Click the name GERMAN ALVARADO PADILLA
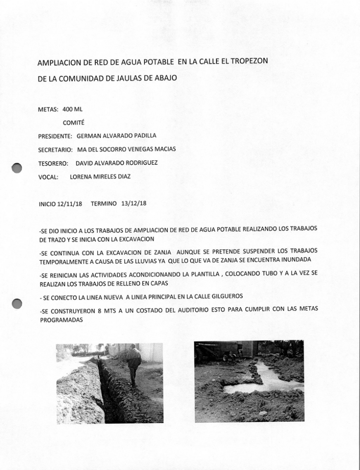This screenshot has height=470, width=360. coord(116,136)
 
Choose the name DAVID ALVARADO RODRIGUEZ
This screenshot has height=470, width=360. coord(116,163)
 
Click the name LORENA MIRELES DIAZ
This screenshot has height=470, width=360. coord(100,176)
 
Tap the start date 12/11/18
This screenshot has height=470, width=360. coord(69,204)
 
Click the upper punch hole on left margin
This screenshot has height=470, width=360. coord(17,168)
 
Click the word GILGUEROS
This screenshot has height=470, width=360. coord(224,297)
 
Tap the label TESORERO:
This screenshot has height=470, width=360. coord(53,163)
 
